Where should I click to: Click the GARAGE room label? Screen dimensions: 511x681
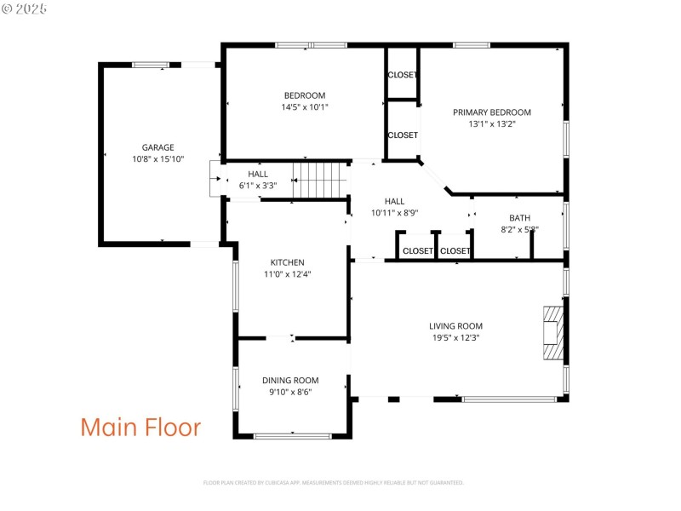(158, 147)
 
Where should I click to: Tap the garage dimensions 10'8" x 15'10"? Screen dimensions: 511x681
(158, 159)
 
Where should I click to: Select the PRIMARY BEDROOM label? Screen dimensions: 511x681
(491, 112)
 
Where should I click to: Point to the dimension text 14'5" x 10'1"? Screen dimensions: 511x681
(305, 107)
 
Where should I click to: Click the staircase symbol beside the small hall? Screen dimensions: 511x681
(321, 179)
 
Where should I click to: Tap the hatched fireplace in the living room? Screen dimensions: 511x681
(553, 335)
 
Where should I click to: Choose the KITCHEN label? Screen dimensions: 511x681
(288, 262)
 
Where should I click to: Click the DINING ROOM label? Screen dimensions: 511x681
(290, 381)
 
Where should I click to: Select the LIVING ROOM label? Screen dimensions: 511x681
(455, 325)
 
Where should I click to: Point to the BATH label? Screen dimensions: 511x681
(519, 218)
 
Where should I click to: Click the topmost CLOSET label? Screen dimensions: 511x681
(403, 75)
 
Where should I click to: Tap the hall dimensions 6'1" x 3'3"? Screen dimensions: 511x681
(258, 185)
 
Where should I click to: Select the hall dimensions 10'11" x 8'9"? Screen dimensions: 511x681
(394, 213)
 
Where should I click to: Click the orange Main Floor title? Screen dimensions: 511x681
(140, 427)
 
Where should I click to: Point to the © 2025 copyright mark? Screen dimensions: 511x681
(25, 8)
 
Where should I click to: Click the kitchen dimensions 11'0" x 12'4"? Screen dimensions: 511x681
(288, 274)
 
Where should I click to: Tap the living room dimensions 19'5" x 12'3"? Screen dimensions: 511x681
(455, 337)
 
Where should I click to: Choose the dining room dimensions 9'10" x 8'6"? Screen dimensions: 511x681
(290, 393)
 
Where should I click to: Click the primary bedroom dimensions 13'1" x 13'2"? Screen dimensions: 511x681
(491, 124)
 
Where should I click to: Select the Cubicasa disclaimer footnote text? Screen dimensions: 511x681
(333, 483)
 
